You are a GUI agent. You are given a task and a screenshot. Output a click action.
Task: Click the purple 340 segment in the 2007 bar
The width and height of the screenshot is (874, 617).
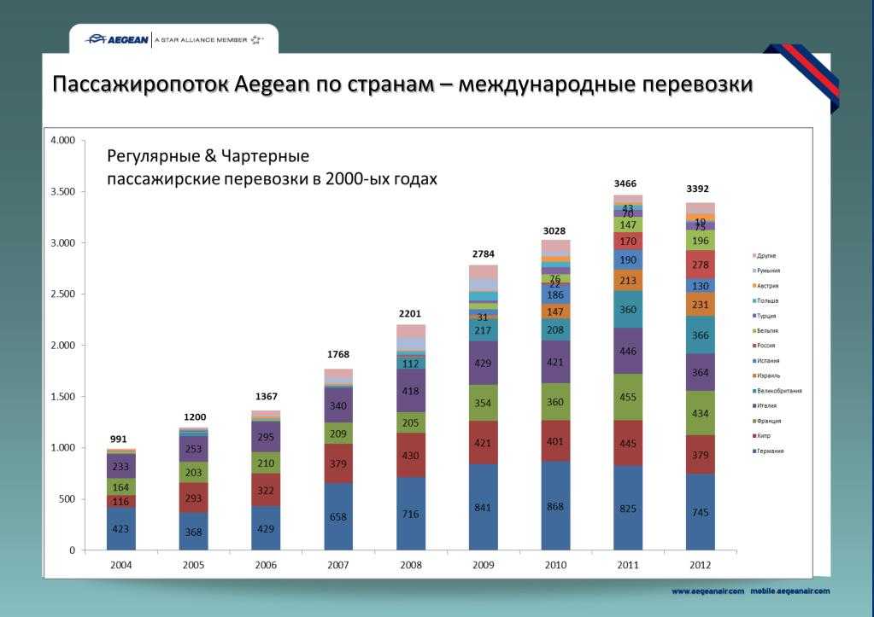click(x=338, y=405)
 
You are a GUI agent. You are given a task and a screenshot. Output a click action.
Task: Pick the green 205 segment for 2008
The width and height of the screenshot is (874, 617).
click(x=411, y=422)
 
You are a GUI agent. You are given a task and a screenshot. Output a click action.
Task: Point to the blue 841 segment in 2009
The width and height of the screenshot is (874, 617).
click(x=484, y=507)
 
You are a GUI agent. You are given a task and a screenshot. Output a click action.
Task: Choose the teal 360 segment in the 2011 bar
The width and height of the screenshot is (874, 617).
click(x=629, y=310)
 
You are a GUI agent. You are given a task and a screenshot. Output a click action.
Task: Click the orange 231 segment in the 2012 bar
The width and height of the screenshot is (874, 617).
click(x=701, y=305)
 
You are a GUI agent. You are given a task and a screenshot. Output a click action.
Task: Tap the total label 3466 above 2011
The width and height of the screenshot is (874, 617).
click(x=625, y=183)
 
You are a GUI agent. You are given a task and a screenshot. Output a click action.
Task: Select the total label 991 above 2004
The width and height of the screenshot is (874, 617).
click(x=119, y=439)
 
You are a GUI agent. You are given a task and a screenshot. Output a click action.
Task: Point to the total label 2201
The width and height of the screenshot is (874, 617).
click(x=409, y=313)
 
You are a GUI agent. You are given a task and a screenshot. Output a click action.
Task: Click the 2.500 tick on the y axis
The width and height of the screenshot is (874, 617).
click(x=64, y=294)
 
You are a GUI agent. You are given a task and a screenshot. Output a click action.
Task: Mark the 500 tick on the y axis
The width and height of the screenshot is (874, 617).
click(x=69, y=499)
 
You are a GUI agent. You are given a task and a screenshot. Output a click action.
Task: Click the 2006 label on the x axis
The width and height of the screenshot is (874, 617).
click(x=267, y=565)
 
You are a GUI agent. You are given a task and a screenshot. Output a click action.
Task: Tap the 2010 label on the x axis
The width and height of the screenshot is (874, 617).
click(x=556, y=565)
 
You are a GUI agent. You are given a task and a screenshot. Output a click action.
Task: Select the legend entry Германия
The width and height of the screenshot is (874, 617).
click(x=770, y=451)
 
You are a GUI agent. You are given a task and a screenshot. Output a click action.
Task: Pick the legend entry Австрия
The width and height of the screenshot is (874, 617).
click(x=768, y=286)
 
